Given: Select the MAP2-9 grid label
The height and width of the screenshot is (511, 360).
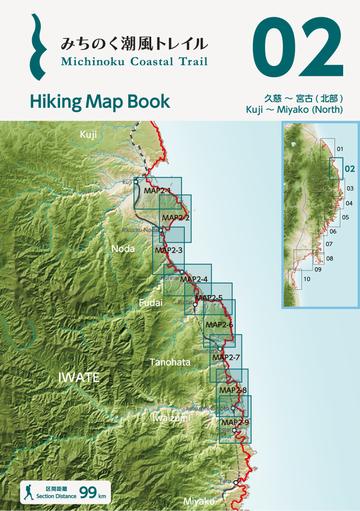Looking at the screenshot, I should click(x=233, y=423).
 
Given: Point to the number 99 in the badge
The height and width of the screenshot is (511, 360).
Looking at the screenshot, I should click(x=90, y=491).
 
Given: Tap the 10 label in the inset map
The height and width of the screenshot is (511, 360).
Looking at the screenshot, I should click(x=306, y=279).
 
